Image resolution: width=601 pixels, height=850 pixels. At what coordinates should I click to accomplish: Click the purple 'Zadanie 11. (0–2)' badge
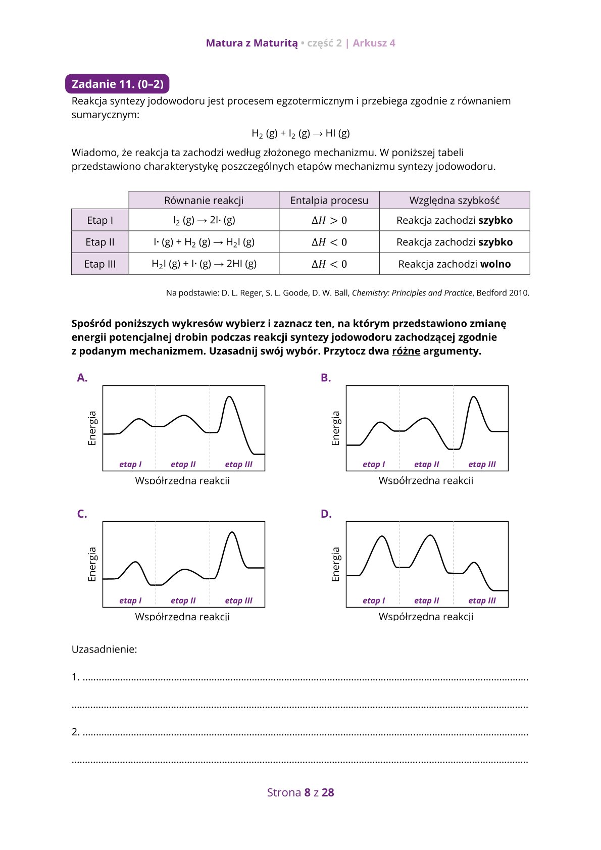click(x=117, y=84)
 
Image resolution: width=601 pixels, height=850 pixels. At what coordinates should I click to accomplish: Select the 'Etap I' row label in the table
click(x=100, y=220)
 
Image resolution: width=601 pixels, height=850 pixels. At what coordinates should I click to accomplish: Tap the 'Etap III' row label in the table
click(x=100, y=264)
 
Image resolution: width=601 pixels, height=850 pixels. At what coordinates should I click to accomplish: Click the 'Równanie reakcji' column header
click(x=204, y=201)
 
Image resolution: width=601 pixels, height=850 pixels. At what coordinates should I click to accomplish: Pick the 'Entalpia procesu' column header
click(x=329, y=201)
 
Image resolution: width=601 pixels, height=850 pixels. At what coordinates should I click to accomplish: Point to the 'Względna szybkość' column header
click(x=454, y=201)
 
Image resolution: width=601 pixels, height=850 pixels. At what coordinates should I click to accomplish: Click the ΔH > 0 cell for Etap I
click(x=329, y=220)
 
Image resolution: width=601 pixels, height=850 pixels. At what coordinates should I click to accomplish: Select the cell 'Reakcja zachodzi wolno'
click(x=454, y=264)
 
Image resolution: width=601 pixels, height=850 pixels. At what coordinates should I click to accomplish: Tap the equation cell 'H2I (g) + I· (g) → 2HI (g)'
click(x=204, y=264)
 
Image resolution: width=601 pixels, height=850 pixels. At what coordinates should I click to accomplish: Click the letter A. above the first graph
click(x=82, y=378)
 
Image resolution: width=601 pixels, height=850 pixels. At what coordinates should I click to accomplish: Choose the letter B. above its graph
click(x=326, y=378)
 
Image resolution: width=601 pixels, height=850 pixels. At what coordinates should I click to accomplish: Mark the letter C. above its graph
click(x=82, y=514)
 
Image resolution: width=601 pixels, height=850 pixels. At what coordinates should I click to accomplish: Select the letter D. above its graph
click(x=326, y=514)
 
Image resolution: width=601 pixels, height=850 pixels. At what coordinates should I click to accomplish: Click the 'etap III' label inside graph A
click(x=238, y=465)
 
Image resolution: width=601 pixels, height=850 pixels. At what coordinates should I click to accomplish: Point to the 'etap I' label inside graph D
click(x=374, y=601)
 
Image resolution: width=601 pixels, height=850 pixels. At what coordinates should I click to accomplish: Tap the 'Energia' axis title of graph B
click(x=336, y=428)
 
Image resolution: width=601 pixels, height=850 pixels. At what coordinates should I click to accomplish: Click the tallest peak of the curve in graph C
click(x=232, y=532)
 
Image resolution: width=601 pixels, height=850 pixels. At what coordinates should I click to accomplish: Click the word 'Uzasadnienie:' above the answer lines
click(x=105, y=649)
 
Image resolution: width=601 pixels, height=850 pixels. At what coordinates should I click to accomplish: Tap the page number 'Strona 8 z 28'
click(x=300, y=792)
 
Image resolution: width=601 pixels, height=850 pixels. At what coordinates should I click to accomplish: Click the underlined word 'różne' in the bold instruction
click(x=406, y=351)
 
